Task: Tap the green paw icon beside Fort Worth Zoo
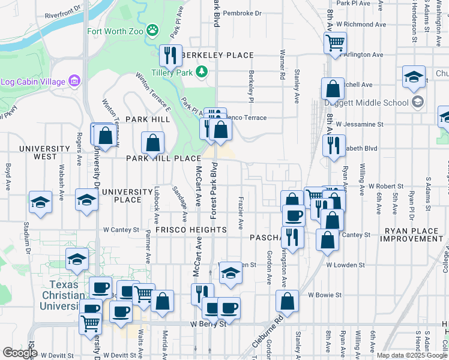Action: tap(153, 29)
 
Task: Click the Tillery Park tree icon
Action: tap(202, 72)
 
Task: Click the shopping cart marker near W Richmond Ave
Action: tap(335, 42)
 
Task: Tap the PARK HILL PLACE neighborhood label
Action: tap(163, 158)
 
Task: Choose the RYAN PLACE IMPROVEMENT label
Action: tap(414, 235)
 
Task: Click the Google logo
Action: tap(20, 352)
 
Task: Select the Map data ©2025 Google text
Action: tap(411, 355)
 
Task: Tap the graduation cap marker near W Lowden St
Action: tap(229, 273)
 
